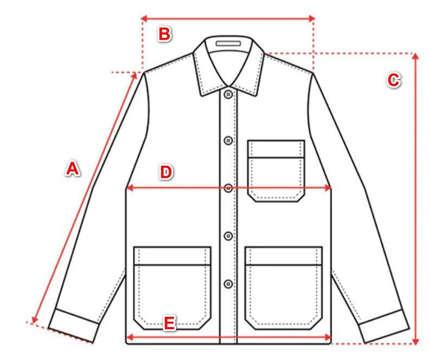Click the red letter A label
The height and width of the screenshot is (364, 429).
73,168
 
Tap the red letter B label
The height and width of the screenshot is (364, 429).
165,34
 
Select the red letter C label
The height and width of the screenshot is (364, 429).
394,80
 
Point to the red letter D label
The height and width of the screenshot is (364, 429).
166,172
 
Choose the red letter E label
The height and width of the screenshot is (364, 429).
170,323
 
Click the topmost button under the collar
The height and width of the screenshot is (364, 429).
228,94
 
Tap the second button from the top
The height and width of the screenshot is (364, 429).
228,140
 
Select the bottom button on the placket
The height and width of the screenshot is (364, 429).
228,284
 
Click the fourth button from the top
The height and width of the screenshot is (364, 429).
228,236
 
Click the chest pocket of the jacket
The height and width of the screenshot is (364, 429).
276,171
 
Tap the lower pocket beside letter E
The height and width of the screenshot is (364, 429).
172,288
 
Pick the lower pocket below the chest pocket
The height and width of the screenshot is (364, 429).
284,288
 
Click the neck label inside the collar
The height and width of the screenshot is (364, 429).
228,43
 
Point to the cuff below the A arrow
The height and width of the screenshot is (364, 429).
74,326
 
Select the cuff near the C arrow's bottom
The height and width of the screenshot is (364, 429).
384,326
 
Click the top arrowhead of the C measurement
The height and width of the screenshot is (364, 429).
415,56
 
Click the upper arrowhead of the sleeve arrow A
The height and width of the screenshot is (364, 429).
134,75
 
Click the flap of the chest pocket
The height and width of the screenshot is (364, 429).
276,149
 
